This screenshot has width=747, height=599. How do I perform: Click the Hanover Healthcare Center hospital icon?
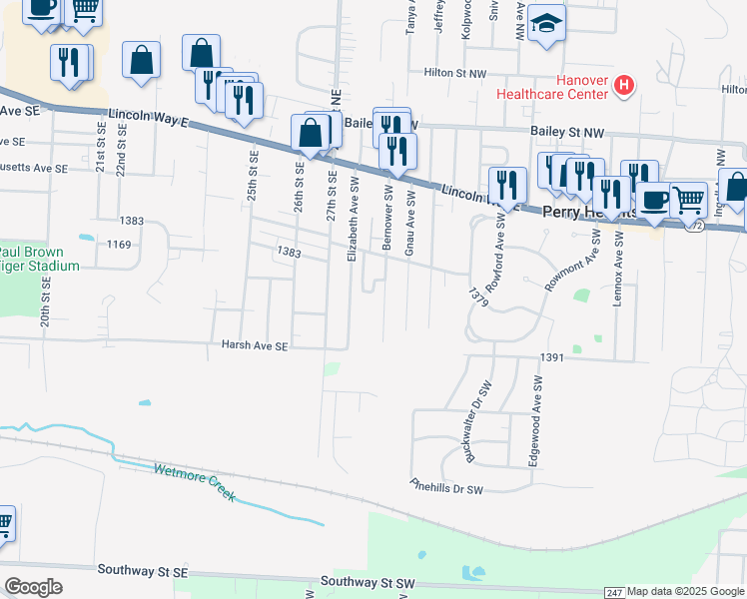coord(624,85)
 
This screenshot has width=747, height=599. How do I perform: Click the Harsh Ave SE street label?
coord(254,346)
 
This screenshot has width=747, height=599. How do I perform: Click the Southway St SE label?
coord(143,570)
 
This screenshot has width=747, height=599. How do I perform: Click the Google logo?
coord(33,586)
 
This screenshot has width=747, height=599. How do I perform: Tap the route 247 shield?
coord(614,593)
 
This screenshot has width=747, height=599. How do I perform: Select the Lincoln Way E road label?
coord(150,117)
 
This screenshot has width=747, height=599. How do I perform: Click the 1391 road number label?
coord(552,357)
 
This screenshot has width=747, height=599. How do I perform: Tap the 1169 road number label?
coord(119,244)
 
